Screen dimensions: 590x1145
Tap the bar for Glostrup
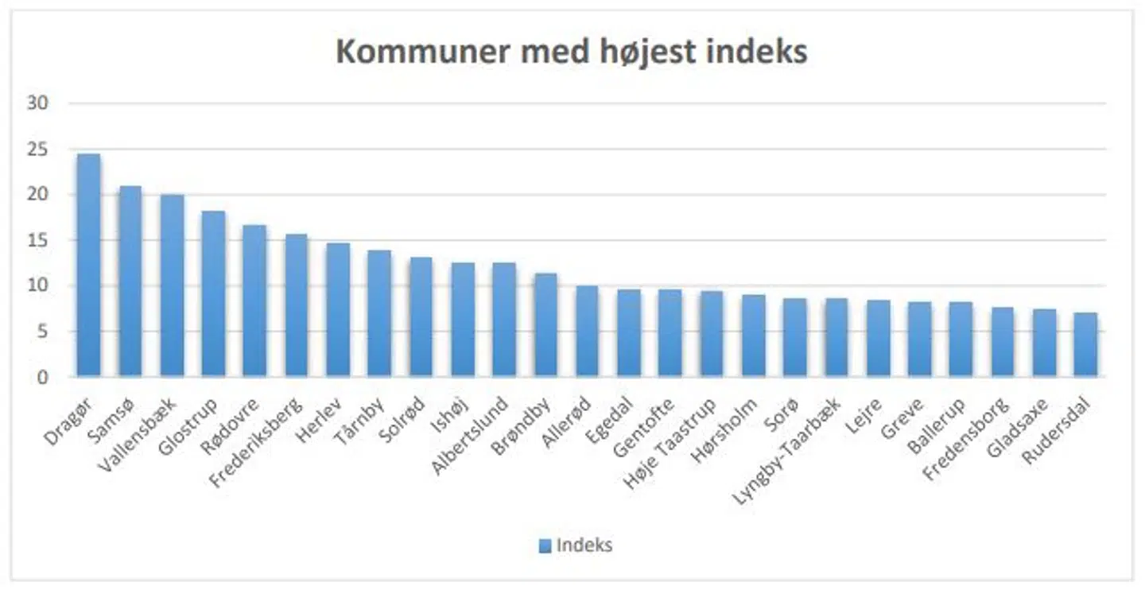click(213, 293)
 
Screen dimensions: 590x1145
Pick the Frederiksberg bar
click(296, 305)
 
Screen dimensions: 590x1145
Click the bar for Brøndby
click(545, 324)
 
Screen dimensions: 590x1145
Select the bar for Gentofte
click(670, 332)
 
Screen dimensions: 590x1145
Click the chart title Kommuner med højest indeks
click(571, 52)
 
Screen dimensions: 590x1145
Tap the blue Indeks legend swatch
click(545, 545)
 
